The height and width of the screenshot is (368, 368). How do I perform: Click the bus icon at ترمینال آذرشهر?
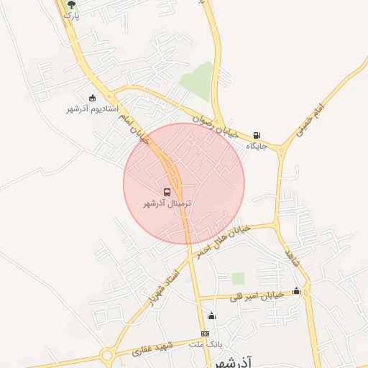click(x=167, y=193)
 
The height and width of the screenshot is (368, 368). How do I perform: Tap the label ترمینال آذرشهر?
click(x=168, y=204)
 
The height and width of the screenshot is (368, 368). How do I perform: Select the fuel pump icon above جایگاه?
click(x=257, y=135)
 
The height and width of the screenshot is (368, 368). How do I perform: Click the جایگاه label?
click(x=257, y=146)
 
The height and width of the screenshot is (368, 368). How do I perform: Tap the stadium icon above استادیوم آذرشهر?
click(x=92, y=98)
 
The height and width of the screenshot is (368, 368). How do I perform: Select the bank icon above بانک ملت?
click(x=206, y=334)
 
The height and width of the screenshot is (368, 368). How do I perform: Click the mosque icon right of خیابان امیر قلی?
click(x=297, y=290)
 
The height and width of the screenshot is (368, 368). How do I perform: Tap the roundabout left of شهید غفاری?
click(x=108, y=355)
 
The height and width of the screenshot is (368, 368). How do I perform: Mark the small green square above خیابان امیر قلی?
click(x=238, y=278)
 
